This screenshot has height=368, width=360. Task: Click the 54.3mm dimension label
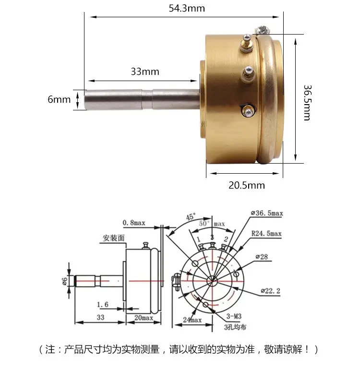187,9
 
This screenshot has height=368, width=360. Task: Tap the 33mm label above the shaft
145,71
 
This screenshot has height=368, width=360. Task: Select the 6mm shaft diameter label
59,99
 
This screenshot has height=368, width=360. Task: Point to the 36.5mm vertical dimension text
307,103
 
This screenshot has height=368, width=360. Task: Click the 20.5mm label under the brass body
247,185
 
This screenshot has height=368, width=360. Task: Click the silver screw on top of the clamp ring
262,30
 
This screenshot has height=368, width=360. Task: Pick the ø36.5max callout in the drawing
267,213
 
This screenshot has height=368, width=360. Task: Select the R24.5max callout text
266,234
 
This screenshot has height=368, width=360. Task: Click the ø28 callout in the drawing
262,257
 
